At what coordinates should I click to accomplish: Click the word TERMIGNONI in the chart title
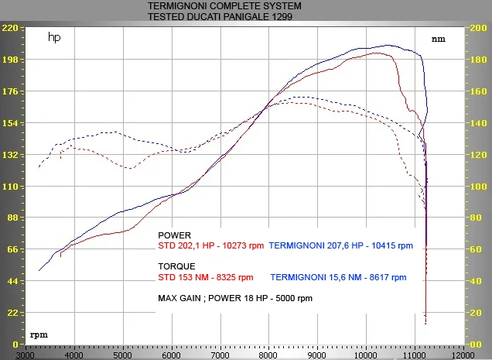(181, 6)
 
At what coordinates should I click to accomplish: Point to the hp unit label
(54, 37)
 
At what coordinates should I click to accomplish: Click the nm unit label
(439, 39)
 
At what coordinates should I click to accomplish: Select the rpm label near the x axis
(39, 335)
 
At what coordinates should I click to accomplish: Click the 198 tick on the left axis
(10, 60)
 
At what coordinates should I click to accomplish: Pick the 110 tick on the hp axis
(10, 187)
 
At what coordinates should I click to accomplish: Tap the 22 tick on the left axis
(12, 313)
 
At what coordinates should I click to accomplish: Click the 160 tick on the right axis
(479, 91)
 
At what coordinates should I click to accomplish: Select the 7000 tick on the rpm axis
(220, 355)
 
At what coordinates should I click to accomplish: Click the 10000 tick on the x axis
(365, 355)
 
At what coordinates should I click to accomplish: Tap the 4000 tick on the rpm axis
(74, 355)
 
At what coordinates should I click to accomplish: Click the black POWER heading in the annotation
(175, 235)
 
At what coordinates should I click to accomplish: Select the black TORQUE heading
(176, 266)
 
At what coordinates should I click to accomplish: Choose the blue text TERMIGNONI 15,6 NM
(316, 277)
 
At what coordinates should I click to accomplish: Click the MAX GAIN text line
(235, 298)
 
